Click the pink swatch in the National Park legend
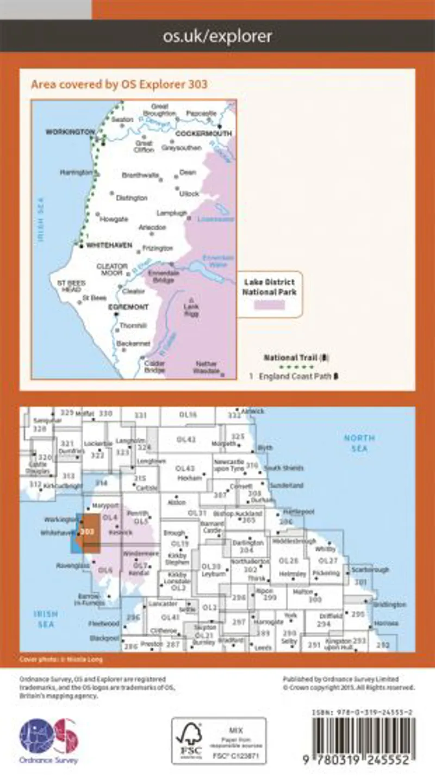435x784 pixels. coord(269,304)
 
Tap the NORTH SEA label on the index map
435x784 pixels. coord(359,443)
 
